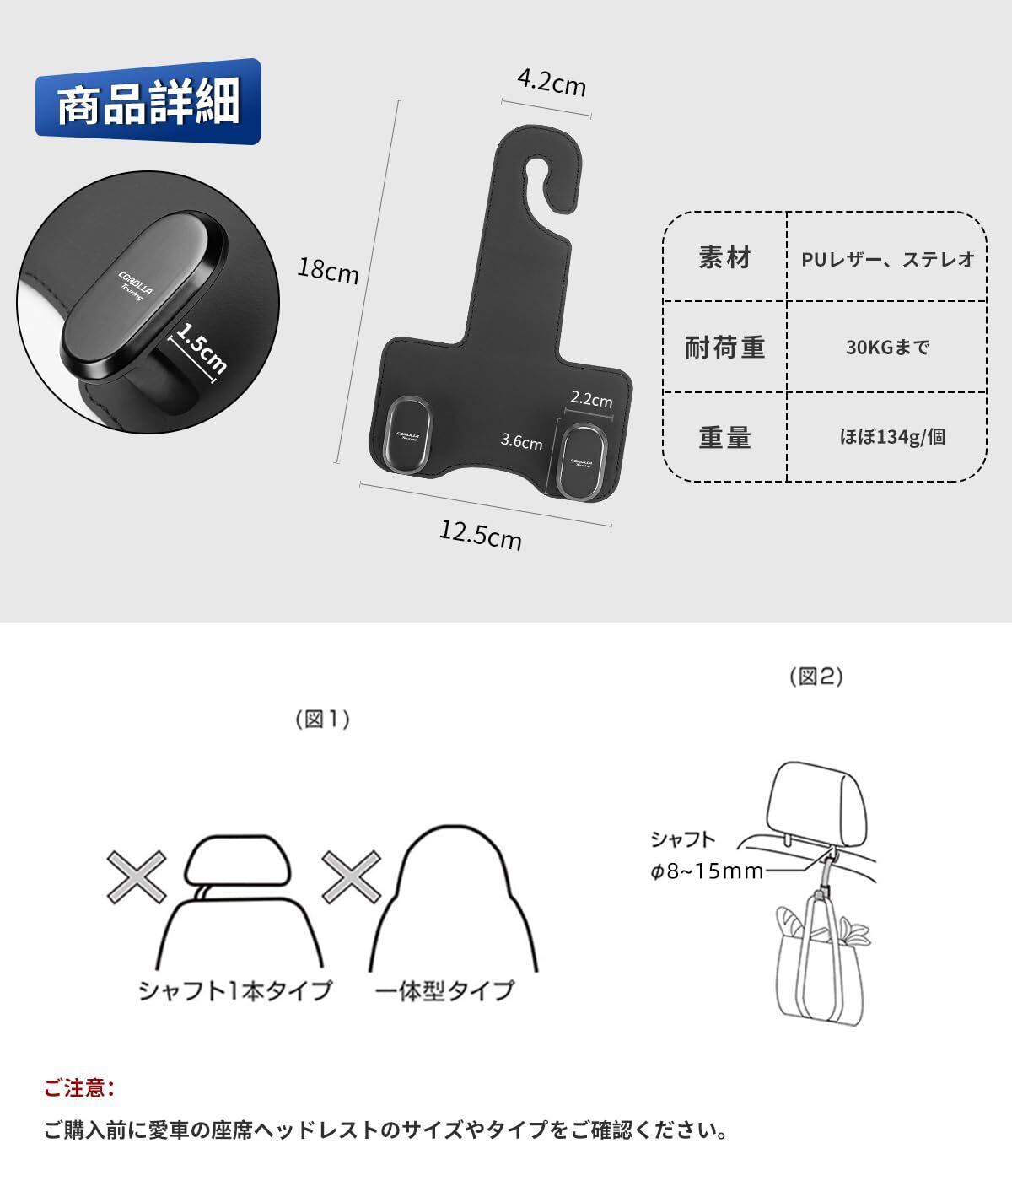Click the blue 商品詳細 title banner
point(148,102)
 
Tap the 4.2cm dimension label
point(552,83)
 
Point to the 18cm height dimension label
point(328,270)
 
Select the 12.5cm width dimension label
point(481,535)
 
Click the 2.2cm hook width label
point(592,399)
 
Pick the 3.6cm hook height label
point(521,441)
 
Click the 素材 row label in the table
point(724,257)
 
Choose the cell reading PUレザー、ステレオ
point(887,259)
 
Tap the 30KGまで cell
point(887,347)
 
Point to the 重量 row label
point(724,438)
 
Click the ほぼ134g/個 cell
point(892,437)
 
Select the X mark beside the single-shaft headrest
point(137,877)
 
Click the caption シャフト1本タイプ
point(235,990)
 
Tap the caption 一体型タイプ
point(445,990)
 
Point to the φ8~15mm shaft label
point(707,871)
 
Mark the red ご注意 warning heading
point(79,1088)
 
